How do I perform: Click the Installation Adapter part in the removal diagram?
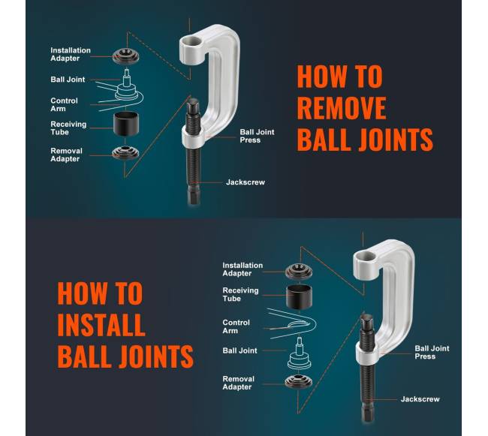pyautogui.click(x=125, y=56)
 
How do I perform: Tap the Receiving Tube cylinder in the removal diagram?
pyautogui.click(x=125, y=124)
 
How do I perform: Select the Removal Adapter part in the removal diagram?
pyautogui.click(x=125, y=152)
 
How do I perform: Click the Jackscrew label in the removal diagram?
pyautogui.click(x=246, y=182)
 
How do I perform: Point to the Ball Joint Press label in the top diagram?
pyautogui.click(x=257, y=136)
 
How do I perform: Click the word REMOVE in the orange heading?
pyautogui.click(x=342, y=107)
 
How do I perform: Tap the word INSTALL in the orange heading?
pyautogui.click(x=101, y=325)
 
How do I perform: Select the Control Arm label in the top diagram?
pyautogui.click(x=64, y=105)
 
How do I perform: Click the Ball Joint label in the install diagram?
pyautogui.click(x=239, y=350)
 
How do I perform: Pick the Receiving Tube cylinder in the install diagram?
pyautogui.click(x=299, y=296)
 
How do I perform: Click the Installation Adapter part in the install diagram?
pyautogui.click(x=299, y=271)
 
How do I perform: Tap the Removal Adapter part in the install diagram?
pyautogui.click(x=298, y=381)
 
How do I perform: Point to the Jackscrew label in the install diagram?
pyautogui.click(x=420, y=399)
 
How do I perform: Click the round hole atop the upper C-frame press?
pyautogui.click(x=191, y=41)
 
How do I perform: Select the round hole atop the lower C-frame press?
pyautogui.click(x=365, y=257)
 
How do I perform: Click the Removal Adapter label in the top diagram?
pyautogui.click(x=66, y=155)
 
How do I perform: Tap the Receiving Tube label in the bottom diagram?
pyautogui.click(x=240, y=294)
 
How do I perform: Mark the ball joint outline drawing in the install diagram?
pyautogui.click(x=299, y=353)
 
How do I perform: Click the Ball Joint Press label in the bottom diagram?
pyautogui.click(x=432, y=353)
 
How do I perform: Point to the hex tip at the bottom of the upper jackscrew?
pyautogui.click(x=193, y=196)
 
